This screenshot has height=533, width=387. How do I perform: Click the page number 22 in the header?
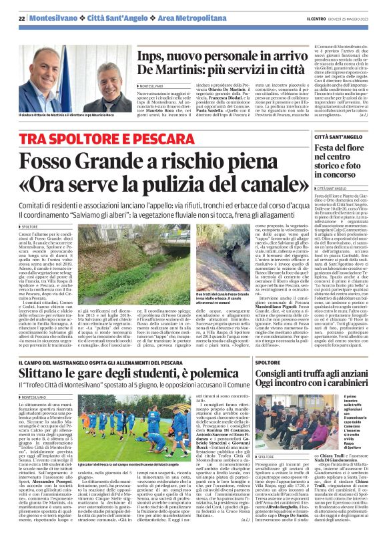point(22,18)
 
